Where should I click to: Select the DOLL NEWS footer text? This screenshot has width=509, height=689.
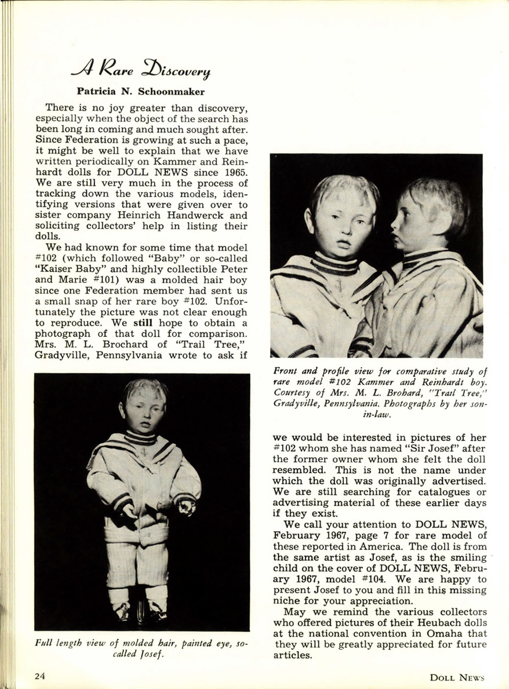coord(456,677)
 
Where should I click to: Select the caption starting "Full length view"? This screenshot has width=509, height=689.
coord(141,649)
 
